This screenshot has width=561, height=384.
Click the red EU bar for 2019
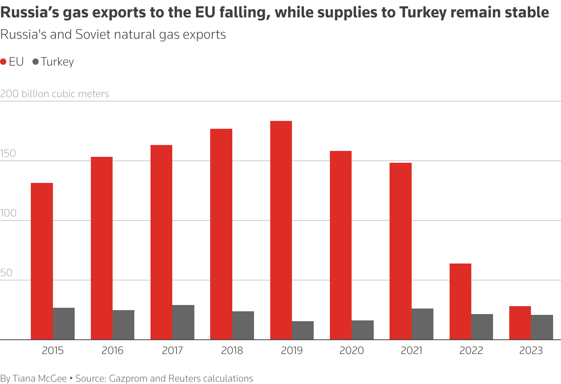pos(281,230)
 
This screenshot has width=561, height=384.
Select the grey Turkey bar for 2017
pos(183,322)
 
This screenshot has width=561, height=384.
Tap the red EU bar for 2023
pos(520,323)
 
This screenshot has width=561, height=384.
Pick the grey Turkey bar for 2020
pos(363,330)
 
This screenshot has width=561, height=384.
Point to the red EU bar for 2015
pos(42,261)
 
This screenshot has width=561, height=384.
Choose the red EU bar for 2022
pos(460,301)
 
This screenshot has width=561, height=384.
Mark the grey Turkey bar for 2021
pos(422,324)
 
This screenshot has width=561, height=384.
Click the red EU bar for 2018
pos(221,234)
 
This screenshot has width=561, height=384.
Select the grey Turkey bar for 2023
pos(542,327)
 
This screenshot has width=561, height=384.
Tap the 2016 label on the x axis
pos(113,350)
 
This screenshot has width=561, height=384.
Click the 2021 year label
pos(412,350)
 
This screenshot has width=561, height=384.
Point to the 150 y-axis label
pos(8,154)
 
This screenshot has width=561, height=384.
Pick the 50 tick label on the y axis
pos(6,273)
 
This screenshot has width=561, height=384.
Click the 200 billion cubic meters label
pos(55,94)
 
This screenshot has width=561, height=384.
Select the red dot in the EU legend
pos(4,62)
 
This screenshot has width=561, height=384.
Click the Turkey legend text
pos(57,62)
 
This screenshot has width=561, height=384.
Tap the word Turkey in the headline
pos(423,13)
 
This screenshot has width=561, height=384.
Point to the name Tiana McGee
pos(40,378)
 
